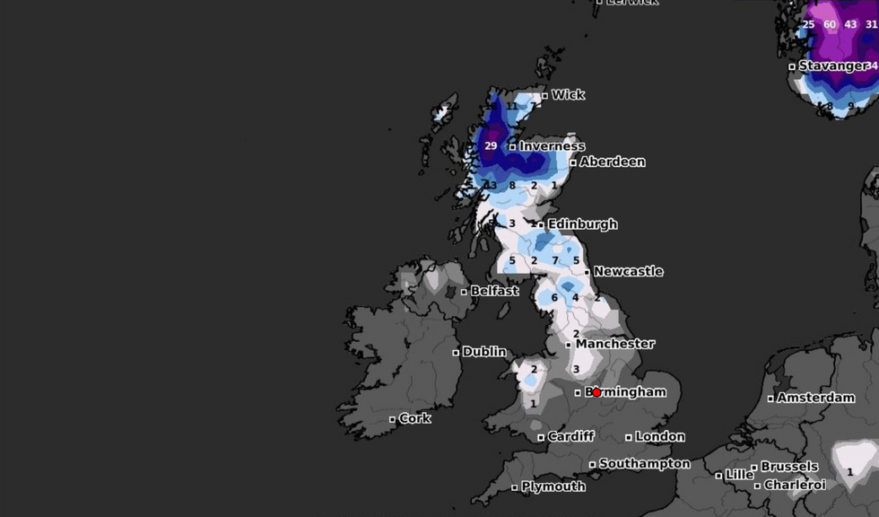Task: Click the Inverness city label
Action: tap(552, 146)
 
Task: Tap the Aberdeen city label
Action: tap(612, 162)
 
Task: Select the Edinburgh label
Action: tap(582, 224)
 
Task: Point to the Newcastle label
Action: tap(628, 271)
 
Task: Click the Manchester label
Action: tap(614, 344)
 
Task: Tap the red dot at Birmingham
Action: tap(596, 392)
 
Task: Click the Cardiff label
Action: tap(570, 437)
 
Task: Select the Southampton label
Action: tap(644, 464)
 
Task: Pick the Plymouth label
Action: tap(553, 486)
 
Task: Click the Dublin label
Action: tap(484, 352)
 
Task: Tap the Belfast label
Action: tap(494, 291)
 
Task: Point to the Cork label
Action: tap(414, 418)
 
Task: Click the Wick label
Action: tap(568, 94)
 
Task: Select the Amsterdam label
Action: tap(815, 398)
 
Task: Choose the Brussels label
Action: tap(789, 467)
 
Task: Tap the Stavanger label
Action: tap(833, 66)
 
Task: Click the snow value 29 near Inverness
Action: tap(491, 145)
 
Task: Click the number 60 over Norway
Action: tap(830, 24)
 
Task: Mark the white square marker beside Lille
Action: tap(719, 475)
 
